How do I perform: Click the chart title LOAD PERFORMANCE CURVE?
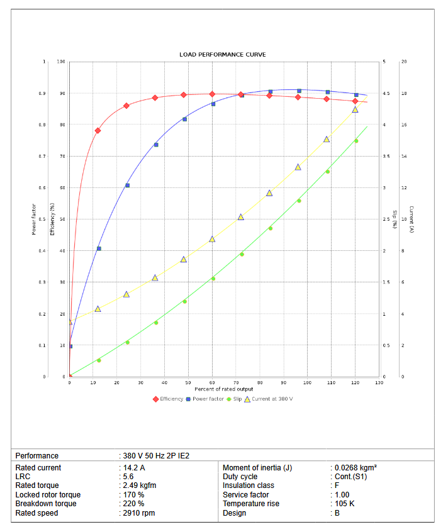pyautogui.click(x=223, y=55)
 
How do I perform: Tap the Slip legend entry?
pyautogui.click(x=234, y=399)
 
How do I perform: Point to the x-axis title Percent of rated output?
pyautogui.click(x=223, y=389)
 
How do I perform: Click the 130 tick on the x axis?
pyautogui.click(x=379, y=382)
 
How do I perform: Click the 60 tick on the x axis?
pyautogui.click(x=213, y=382)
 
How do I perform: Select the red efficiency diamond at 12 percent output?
pyautogui.click(x=98, y=131)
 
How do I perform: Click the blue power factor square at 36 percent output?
pyautogui.click(x=156, y=145)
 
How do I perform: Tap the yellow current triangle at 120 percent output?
pyautogui.click(x=356, y=109)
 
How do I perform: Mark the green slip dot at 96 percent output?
pyautogui.click(x=299, y=201)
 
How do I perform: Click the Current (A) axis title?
pyautogui.click(x=410, y=219)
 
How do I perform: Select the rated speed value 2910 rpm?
pyautogui.click(x=140, y=513)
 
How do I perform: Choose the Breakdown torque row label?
pyautogui.click(x=45, y=504)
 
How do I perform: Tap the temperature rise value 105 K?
pyautogui.click(x=345, y=504)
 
